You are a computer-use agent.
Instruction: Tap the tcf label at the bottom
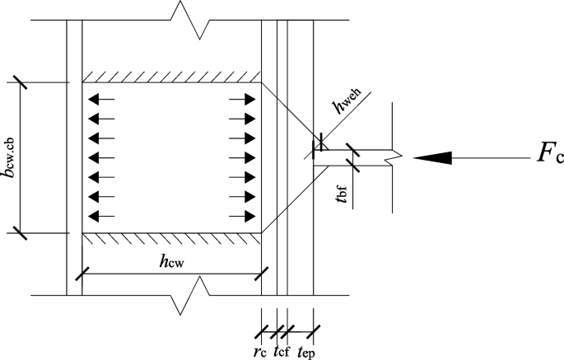click(280, 348)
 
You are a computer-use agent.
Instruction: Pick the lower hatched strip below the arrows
click(171, 237)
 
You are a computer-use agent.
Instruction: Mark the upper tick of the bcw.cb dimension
click(18, 82)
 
